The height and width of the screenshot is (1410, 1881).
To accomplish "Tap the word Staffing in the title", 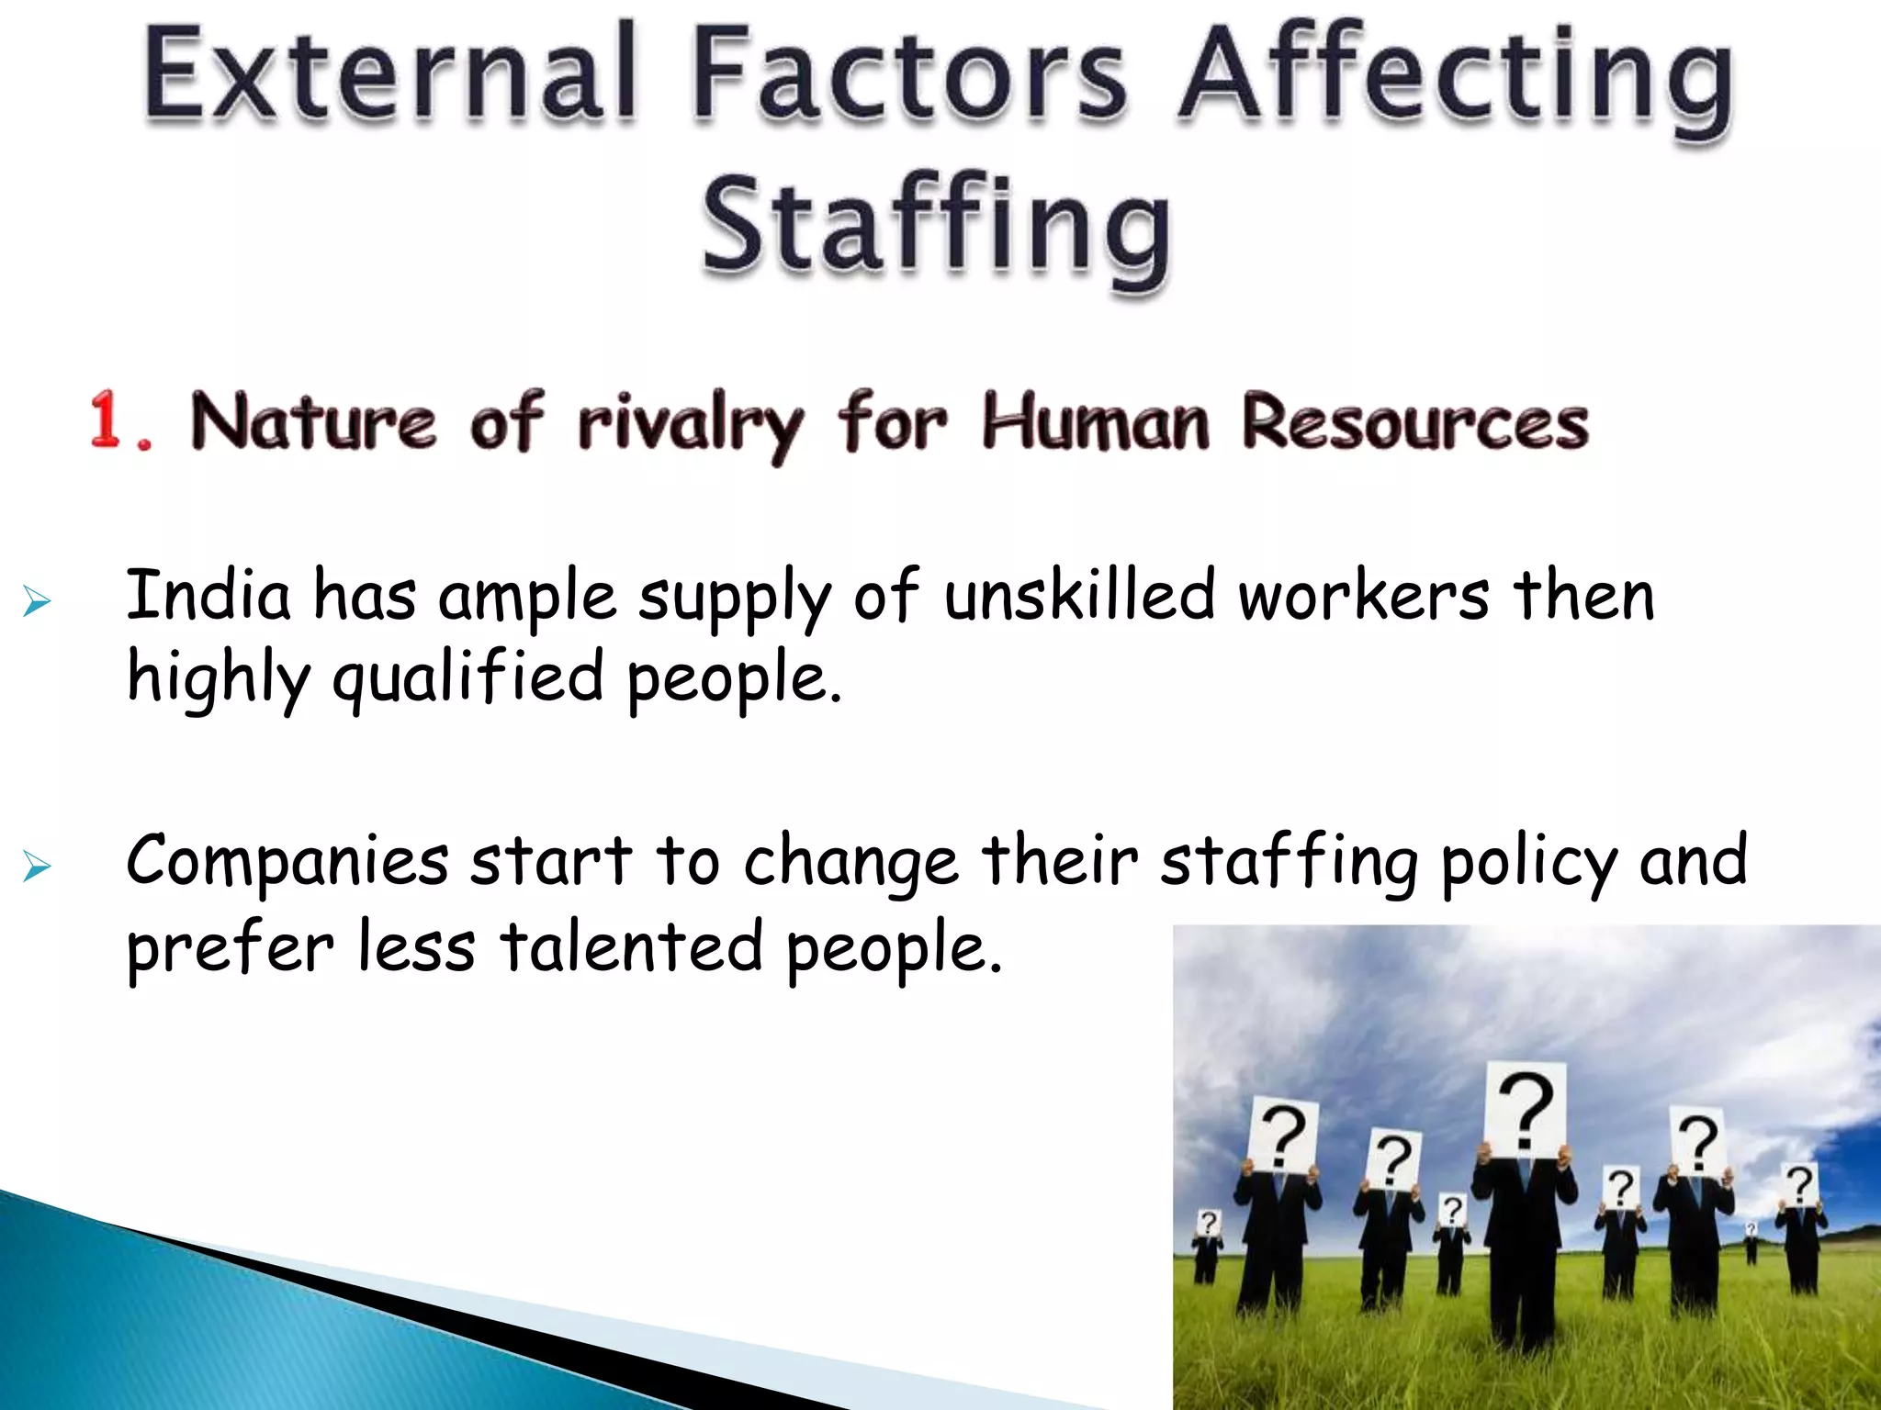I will point(937,225).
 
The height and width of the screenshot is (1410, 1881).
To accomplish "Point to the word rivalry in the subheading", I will point(690,424).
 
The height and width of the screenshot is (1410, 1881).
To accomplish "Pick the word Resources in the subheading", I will point(1414,422).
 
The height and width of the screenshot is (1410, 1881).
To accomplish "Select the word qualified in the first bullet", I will point(467,677).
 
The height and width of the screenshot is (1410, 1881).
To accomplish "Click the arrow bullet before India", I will point(36,602).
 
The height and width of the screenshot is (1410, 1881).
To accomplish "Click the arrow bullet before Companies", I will point(36,866).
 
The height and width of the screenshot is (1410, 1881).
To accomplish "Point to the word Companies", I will point(287,861).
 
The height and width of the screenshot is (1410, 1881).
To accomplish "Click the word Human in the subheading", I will point(1095,422).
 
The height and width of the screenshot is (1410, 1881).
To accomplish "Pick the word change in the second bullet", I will point(850,863).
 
